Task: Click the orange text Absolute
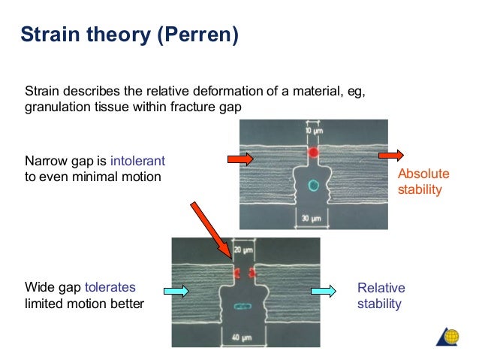coord(423,174)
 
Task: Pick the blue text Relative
coord(381,289)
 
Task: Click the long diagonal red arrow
coord(212,228)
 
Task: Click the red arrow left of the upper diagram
coord(242,159)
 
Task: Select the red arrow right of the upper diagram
coord(390,156)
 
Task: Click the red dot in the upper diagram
coord(314,153)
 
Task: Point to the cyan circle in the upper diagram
coord(314,185)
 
